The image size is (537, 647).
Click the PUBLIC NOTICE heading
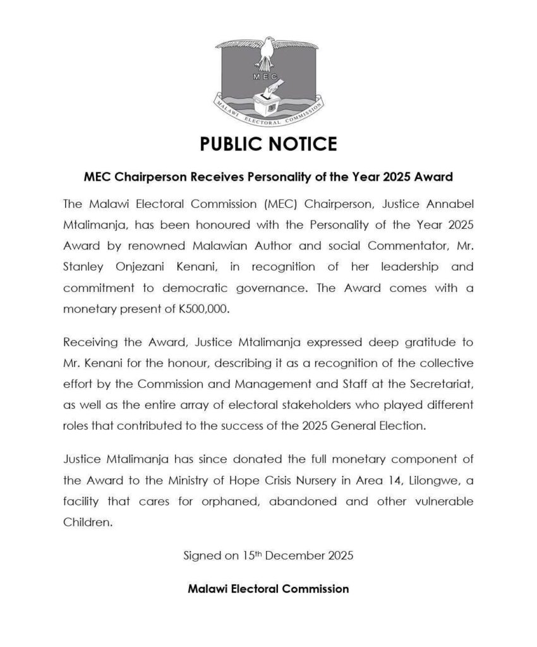[x=268, y=144]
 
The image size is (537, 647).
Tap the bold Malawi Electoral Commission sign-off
[x=268, y=589]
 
